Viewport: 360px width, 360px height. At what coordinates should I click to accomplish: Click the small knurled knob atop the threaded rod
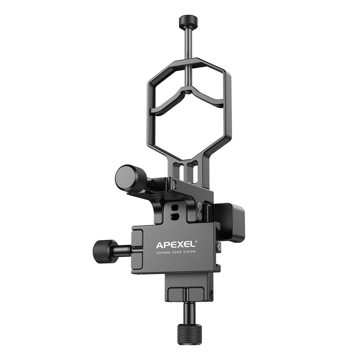[x=188, y=22]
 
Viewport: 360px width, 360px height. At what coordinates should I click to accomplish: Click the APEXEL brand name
[x=175, y=245]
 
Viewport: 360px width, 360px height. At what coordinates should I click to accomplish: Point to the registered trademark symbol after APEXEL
[x=196, y=242]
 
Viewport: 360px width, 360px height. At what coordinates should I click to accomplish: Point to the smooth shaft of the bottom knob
[x=188, y=311]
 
